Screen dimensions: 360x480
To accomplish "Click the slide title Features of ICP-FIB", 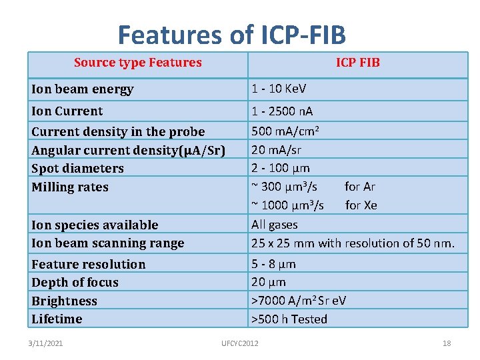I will [x=232, y=34].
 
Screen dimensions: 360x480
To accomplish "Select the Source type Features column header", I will [x=137, y=63].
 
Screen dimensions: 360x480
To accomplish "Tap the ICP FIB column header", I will [x=357, y=63].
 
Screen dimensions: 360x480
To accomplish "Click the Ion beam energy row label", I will [x=83, y=89].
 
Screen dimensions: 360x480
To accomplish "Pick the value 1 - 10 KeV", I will [x=279, y=89].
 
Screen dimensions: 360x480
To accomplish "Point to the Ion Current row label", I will [x=67, y=111].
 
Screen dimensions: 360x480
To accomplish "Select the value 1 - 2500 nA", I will [x=282, y=111].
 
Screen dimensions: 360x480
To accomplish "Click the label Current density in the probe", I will [x=118, y=132].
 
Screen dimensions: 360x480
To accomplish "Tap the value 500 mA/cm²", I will [x=285, y=131].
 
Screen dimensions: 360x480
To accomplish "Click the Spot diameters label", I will [x=77, y=169].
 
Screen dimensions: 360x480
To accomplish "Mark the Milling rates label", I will [x=70, y=187].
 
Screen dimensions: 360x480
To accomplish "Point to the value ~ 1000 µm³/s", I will [x=287, y=205].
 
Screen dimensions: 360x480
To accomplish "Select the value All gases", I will [x=274, y=225].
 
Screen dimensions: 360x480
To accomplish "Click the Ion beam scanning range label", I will [x=107, y=243].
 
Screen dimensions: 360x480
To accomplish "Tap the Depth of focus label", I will [x=75, y=283].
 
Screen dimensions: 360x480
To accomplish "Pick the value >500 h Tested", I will [x=289, y=319].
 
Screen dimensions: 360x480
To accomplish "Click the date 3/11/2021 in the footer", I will [x=45, y=343].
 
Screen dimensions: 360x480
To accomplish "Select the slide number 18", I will [x=446, y=343].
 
